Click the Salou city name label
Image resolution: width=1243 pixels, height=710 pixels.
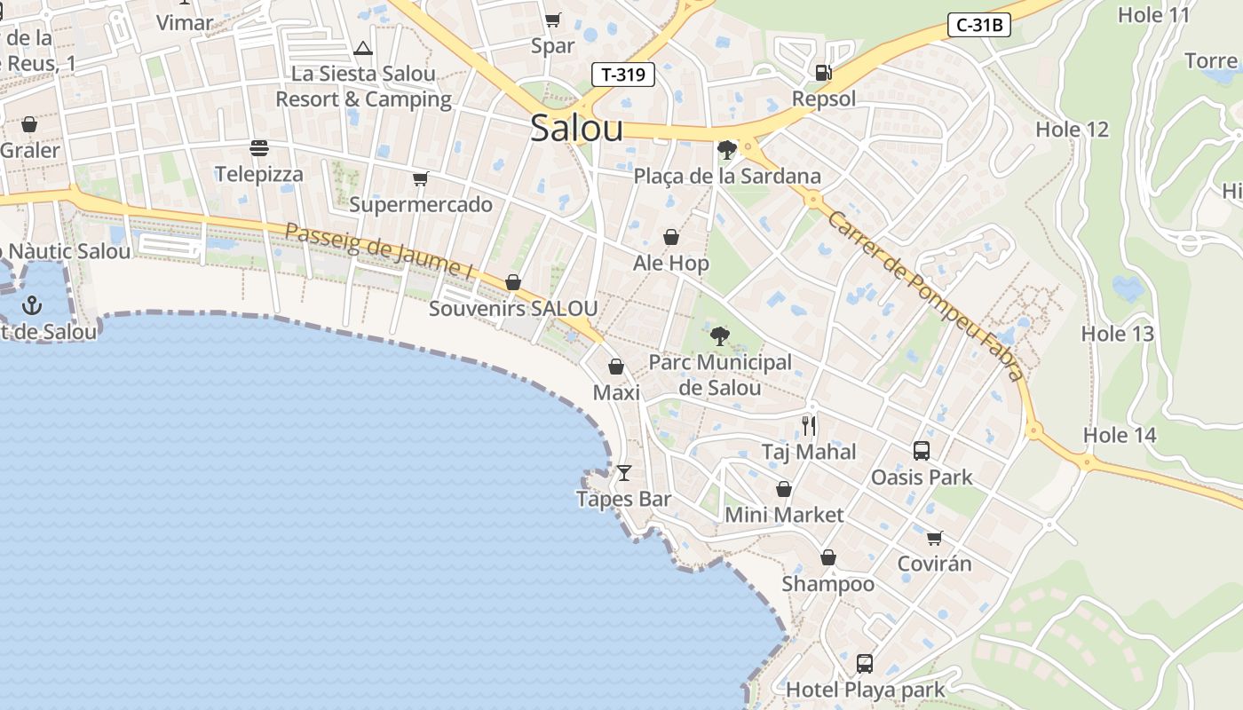coord(577,129)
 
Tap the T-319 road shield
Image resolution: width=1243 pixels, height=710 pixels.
coord(623,75)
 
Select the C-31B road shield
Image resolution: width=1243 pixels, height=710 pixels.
coord(979,25)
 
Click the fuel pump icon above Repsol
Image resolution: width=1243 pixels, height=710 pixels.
coord(823,72)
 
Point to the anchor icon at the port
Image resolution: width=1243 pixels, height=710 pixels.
coord(32,305)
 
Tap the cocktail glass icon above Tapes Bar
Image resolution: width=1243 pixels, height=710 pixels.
coord(624,473)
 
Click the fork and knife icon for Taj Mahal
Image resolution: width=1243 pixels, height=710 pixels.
coord(808,426)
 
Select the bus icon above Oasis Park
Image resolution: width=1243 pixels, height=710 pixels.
coord(922,451)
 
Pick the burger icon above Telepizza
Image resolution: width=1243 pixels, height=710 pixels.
coord(259,147)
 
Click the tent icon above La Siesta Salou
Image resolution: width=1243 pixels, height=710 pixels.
coord(362,48)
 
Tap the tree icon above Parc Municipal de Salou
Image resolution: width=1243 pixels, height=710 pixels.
coord(720,336)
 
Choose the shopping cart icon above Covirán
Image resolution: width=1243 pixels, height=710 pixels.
coord(934,538)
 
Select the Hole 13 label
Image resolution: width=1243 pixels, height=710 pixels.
coord(1117,335)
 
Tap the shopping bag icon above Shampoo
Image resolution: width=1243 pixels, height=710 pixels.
coord(828,557)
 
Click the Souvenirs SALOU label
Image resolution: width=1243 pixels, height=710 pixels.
coord(513,309)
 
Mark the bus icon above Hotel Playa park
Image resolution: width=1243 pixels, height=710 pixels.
coord(865,663)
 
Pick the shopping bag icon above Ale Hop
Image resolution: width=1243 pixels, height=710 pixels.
coord(671,237)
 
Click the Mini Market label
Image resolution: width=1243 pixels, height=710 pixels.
coord(784,515)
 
